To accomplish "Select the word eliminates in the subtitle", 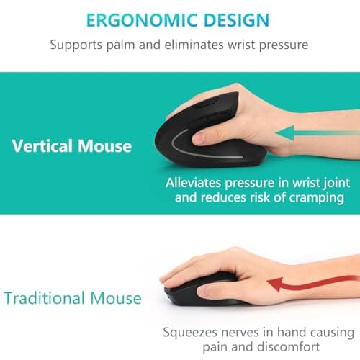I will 199,45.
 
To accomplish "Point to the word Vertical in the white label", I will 41,146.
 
